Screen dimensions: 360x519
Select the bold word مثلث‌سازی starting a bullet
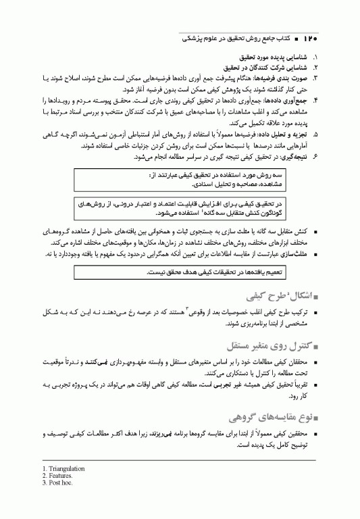[x=294, y=253]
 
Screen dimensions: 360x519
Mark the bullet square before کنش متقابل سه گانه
[x=315, y=232]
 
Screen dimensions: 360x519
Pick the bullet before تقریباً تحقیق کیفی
[x=315, y=383]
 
